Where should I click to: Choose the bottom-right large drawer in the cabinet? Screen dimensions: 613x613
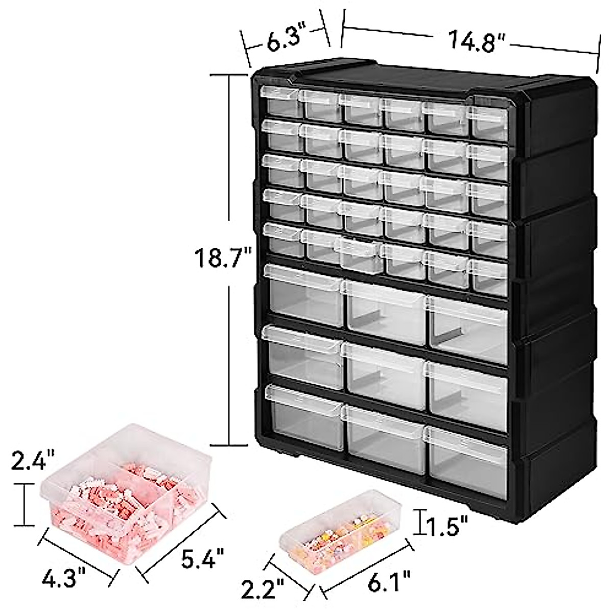[467, 455]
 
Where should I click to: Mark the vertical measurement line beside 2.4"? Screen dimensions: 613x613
[23, 505]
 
